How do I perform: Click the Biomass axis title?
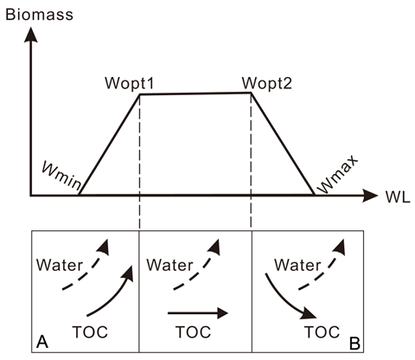click(39, 15)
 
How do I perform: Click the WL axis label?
click(398, 197)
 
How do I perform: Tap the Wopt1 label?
click(130, 83)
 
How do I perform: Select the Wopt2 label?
click(267, 83)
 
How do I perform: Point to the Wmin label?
click(61, 176)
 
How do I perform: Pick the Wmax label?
click(337, 175)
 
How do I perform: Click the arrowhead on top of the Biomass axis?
click(30, 34)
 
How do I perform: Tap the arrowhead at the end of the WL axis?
click(369, 196)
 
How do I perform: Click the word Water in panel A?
click(60, 265)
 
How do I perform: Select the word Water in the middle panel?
click(169, 265)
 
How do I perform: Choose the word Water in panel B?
click(297, 265)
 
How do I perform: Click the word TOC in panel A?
click(90, 332)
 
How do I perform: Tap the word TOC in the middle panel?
click(194, 332)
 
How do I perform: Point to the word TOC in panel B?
click(322, 332)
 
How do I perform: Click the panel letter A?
click(42, 343)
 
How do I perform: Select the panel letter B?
click(354, 344)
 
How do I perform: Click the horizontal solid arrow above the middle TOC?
click(198, 313)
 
